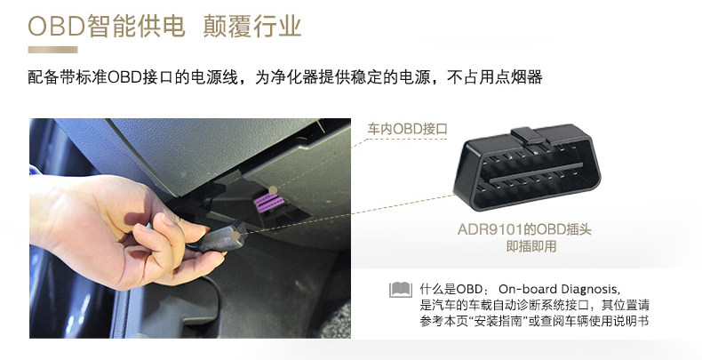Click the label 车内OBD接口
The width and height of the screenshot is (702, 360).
pos(408,129)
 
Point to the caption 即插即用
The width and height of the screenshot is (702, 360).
pos(531,246)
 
